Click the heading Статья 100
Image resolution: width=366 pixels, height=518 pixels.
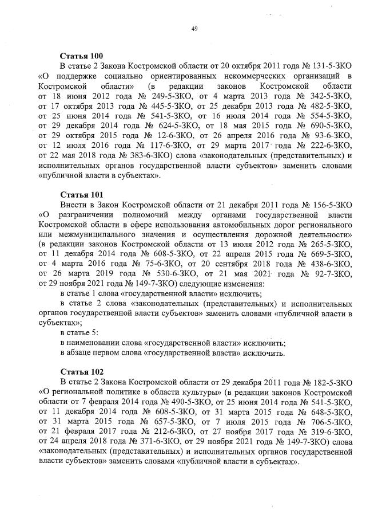click(81, 56)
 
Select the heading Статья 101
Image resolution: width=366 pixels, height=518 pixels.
click(81, 194)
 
